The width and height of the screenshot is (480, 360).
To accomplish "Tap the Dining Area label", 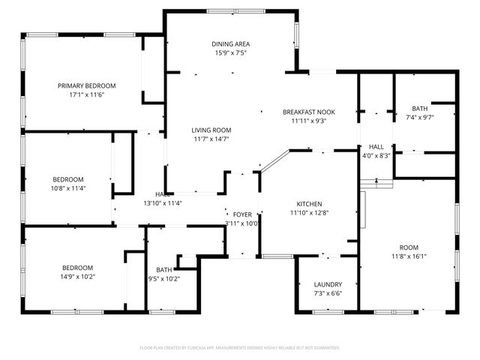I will point(230,44).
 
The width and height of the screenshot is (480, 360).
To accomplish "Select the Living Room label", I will point(211,130).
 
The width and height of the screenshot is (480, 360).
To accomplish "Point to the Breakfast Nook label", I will point(308,112).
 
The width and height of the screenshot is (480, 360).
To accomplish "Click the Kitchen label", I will point(309,204).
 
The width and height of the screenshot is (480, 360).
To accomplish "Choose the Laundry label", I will point(328,284).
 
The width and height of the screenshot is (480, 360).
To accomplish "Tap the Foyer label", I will point(242,214).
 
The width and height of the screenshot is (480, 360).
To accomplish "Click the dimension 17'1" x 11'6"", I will point(85,95).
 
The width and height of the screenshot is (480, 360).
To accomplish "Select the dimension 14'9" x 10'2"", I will point(78,277).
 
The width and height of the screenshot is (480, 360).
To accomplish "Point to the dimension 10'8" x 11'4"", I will point(68,188).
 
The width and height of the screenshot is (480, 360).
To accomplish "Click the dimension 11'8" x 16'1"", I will point(408,256).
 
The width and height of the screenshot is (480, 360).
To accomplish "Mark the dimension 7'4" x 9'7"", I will point(420,117).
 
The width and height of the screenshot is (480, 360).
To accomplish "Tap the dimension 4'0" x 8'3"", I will point(376,155).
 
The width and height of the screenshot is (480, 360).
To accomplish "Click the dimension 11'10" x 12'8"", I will point(309,213).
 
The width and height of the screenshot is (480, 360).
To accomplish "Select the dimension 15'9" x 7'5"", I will point(230,53).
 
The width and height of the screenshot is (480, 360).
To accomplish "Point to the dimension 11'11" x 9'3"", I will point(308,121).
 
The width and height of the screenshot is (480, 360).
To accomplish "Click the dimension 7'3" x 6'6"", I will point(328,293).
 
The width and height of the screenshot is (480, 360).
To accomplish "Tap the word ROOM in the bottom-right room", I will point(408,247).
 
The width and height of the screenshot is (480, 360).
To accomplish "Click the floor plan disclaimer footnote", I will point(240,348).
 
